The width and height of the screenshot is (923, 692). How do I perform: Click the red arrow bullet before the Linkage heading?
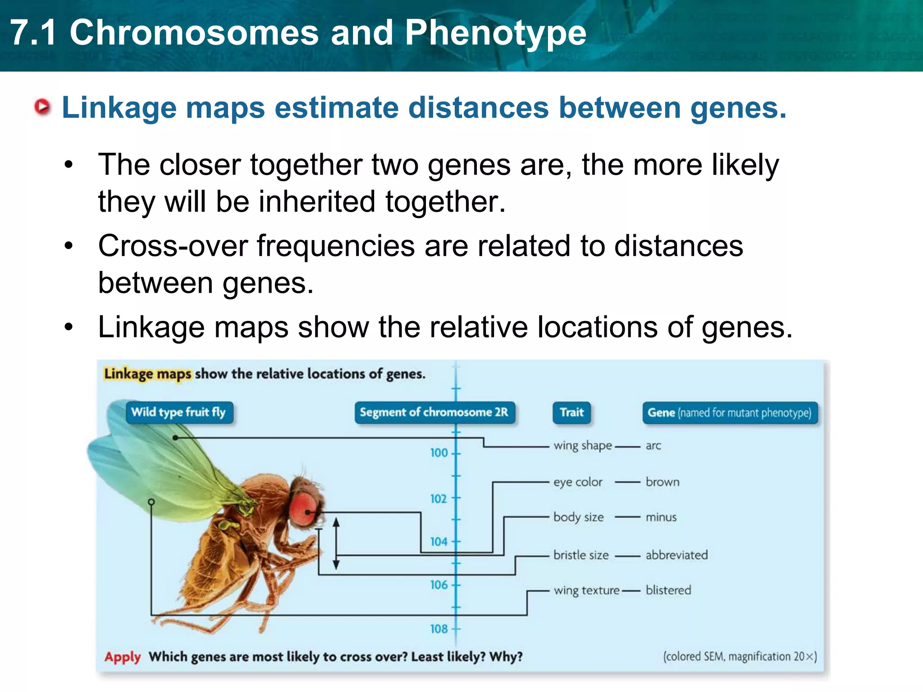click(42, 107)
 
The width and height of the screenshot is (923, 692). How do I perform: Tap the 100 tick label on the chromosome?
click(439, 453)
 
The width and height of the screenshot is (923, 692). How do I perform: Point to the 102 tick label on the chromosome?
click(439, 499)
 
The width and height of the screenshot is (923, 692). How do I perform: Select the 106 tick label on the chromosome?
click(439, 585)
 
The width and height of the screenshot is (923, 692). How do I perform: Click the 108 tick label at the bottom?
click(439, 628)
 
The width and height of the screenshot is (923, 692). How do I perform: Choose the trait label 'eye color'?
click(578, 482)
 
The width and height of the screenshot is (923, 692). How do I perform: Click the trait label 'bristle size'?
click(581, 555)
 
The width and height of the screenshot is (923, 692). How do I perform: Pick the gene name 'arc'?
click(653, 446)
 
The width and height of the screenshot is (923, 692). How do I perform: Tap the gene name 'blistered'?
click(668, 590)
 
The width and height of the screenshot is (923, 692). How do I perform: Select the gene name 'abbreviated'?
click(676, 555)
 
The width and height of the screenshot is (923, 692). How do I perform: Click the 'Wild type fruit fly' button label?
click(178, 412)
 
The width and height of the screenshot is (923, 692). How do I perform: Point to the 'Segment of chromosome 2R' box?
click(434, 412)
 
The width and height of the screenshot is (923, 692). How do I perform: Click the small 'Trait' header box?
click(571, 412)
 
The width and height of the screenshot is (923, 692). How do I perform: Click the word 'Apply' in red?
click(123, 657)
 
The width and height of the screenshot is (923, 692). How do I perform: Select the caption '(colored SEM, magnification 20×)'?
click(740, 656)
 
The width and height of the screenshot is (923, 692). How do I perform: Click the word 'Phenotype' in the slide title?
click(495, 33)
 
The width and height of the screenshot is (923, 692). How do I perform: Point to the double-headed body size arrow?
click(336, 543)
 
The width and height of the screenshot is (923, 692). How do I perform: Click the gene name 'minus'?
click(661, 517)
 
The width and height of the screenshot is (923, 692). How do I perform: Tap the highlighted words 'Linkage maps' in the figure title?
click(148, 374)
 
